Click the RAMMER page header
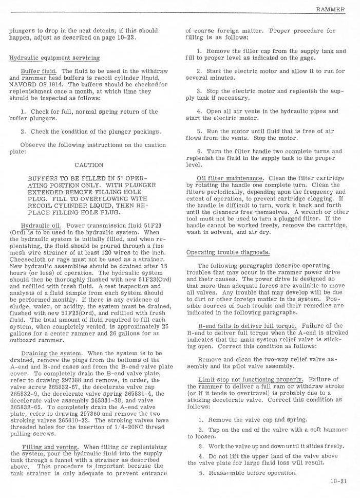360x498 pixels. [x=330, y=9]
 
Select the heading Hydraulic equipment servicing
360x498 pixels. [x=54, y=58]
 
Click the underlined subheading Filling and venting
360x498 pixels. [x=51, y=447]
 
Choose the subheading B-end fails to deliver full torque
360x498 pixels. [x=248, y=326]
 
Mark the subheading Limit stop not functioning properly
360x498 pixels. [x=243, y=379]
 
